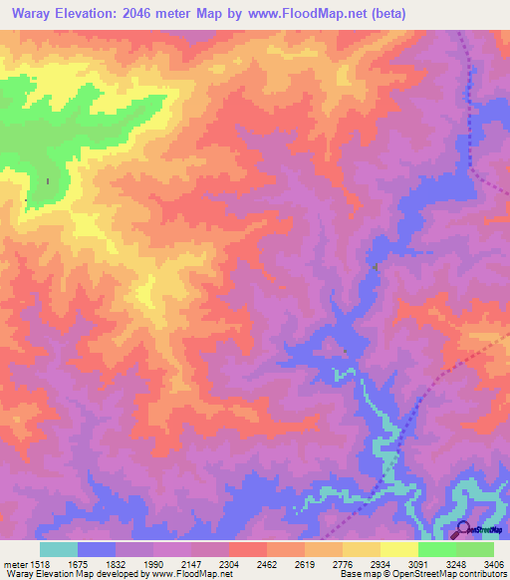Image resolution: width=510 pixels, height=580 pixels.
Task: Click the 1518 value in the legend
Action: [x=40, y=564]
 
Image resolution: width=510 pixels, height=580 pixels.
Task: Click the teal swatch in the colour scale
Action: [x=58, y=549]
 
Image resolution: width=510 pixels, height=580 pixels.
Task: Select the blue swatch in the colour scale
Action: [x=96, y=549]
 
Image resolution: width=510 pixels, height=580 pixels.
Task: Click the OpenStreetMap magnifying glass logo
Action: [x=464, y=531]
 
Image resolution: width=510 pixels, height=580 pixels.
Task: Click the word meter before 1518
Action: [x=15, y=564]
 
